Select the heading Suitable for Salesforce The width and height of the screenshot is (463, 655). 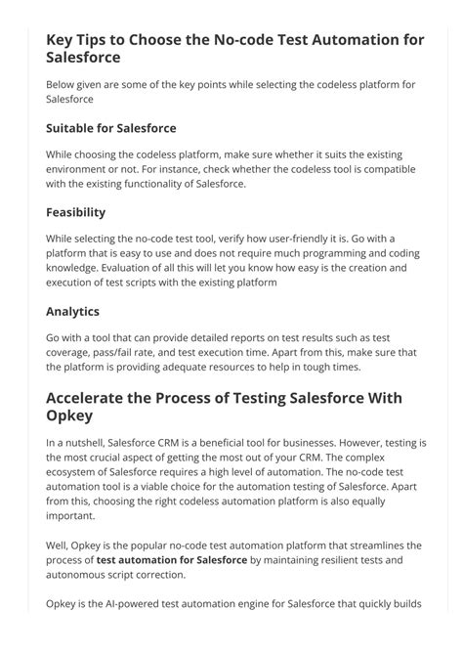coord(110,128)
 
